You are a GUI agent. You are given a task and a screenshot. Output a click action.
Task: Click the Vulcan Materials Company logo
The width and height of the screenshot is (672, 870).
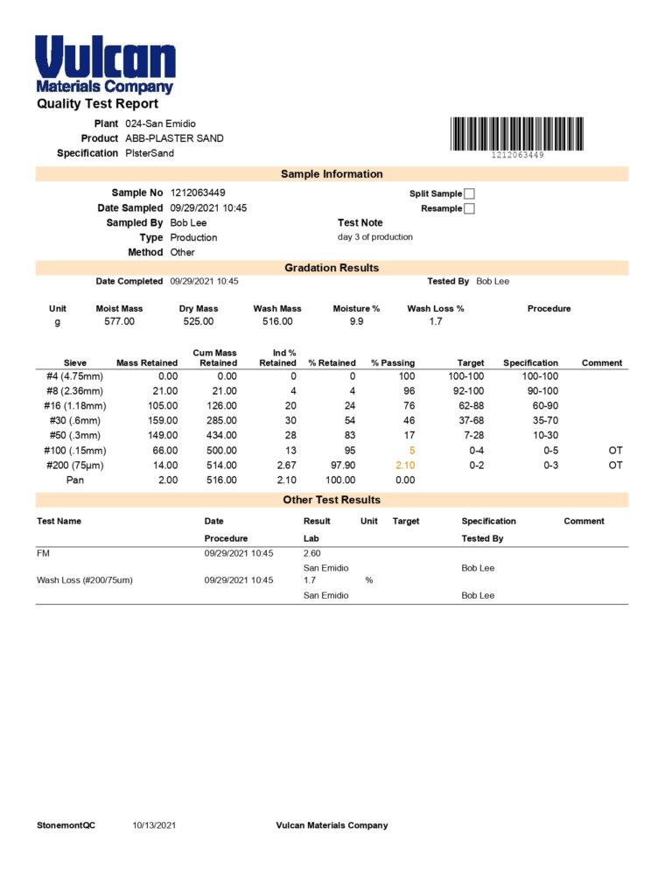pyautogui.click(x=105, y=64)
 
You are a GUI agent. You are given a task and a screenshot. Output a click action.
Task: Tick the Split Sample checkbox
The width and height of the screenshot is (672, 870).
pyautogui.click(x=469, y=193)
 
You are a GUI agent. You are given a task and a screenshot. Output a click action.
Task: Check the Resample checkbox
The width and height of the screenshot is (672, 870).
pyautogui.click(x=469, y=208)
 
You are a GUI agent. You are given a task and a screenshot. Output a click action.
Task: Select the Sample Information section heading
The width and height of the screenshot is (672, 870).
pyautogui.click(x=332, y=174)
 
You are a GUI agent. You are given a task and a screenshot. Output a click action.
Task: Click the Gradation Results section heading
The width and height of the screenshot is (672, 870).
pyautogui.click(x=332, y=268)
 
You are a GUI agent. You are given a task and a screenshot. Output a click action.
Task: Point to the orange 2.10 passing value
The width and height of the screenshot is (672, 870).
pyautogui.click(x=405, y=465)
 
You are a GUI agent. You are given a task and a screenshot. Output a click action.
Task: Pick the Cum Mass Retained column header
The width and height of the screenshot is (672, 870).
pyautogui.click(x=215, y=357)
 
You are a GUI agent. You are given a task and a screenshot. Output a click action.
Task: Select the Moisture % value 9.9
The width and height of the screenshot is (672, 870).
pyautogui.click(x=356, y=322)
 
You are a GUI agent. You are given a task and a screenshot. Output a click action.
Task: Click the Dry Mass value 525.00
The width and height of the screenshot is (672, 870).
pyautogui.click(x=199, y=322)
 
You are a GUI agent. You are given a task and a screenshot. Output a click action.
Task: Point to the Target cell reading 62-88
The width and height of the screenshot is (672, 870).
pyautogui.click(x=471, y=405)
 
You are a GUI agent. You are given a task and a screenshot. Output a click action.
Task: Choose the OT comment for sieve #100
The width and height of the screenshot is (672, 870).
pyautogui.click(x=615, y=450)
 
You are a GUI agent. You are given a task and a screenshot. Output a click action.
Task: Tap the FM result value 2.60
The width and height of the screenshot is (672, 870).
pyautogui.click(x=312, y=553)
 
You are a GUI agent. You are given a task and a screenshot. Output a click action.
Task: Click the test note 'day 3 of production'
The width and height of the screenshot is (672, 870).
pyautogui.click(x=374, y=237)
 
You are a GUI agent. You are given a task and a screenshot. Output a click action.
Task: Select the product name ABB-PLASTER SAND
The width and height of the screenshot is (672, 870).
pyautogui.click(x=174, y=138)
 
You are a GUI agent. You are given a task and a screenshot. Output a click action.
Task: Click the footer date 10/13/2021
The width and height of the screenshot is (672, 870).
pyautogui.click(x=155, y=825)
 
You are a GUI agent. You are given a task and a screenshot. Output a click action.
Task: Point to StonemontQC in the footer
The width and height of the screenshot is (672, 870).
pyautogui.click(x=66, y=825)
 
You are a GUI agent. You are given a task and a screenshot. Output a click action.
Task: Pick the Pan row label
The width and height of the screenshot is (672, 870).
pyautogui.click(x=75, y=480)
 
